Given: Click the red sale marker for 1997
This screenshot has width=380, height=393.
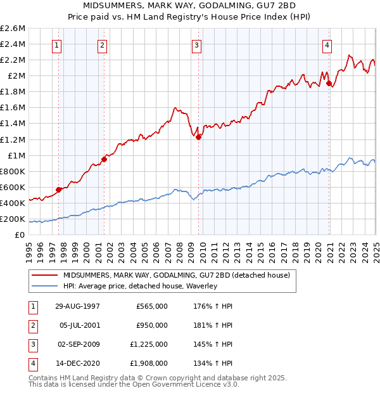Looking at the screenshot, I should pyautogui.click(x=59, y=189).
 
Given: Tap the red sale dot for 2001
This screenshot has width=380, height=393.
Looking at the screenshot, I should pyautogui.click(x=104, y=159).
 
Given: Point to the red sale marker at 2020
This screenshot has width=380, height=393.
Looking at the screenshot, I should pyautogui.click(x=329, y=82).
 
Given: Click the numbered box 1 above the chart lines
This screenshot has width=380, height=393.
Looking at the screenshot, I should pyautogui.click(x=57, y=45).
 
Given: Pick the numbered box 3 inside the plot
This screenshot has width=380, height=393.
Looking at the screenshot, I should pyautogui.click(x=196, y=45).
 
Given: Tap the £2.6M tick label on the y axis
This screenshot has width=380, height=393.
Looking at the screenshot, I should pyautogui.click(x=13, y=29).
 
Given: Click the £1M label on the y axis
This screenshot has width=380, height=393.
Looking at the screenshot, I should pyautogui.click(x=16, y=155).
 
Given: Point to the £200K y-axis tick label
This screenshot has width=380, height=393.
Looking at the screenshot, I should pyautogui.click(x=13, y=219).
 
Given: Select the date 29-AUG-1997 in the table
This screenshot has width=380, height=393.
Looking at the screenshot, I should pyautogui.click(x=77, y=306).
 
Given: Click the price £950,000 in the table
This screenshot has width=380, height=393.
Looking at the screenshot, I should pyautogui.click(x=152, y=325).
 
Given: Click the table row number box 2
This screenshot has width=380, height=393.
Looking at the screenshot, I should pyautogui.click(x=31, y=325).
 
